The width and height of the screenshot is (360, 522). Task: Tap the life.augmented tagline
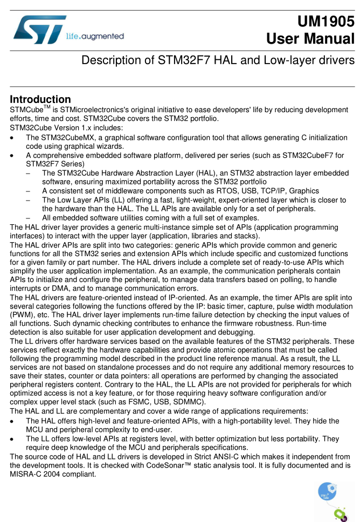point(95,37)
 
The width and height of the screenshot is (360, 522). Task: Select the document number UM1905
point(326,21)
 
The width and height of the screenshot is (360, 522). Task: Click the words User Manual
point(310,39)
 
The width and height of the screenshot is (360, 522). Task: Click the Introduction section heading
point(40,99)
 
